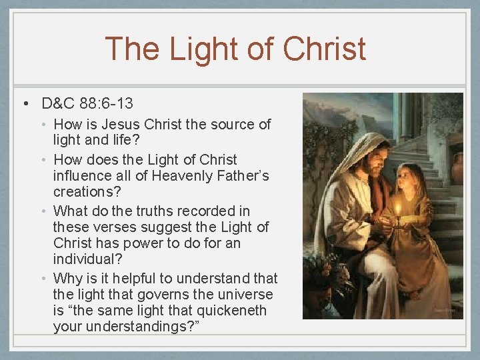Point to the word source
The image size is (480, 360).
[x=233, y=124]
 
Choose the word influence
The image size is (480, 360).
[x=84, y=176]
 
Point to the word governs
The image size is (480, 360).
[x=168, y=294]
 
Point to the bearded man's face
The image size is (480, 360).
[x=374, y=159]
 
